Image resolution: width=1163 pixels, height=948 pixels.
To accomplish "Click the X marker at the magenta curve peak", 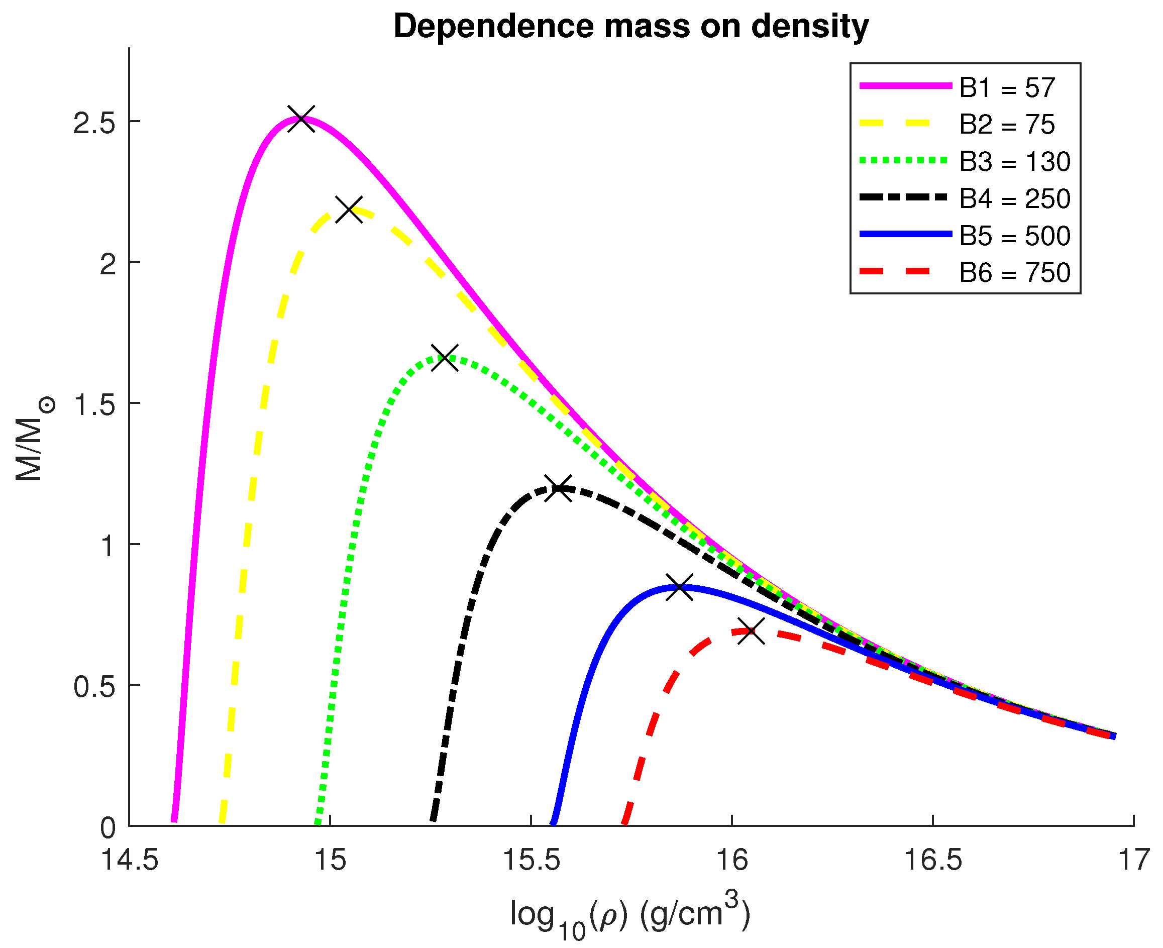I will tap(301, 119).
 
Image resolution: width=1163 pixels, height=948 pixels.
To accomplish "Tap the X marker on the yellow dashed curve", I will tap(349, 209).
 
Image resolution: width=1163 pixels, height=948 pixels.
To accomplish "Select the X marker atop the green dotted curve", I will tap(445, 358).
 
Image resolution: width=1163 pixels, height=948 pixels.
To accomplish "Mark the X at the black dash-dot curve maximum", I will tap(559, 488).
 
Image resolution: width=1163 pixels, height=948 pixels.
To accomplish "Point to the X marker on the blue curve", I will tap(680, 588).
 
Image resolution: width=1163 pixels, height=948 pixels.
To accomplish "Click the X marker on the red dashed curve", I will tap(751, 631).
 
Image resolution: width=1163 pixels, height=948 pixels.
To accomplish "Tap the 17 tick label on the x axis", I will tap(1133, 860).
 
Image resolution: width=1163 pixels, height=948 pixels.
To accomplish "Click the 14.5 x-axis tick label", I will tap(130, 860).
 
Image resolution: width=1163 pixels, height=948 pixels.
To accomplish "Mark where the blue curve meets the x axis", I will tap(553, 823).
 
